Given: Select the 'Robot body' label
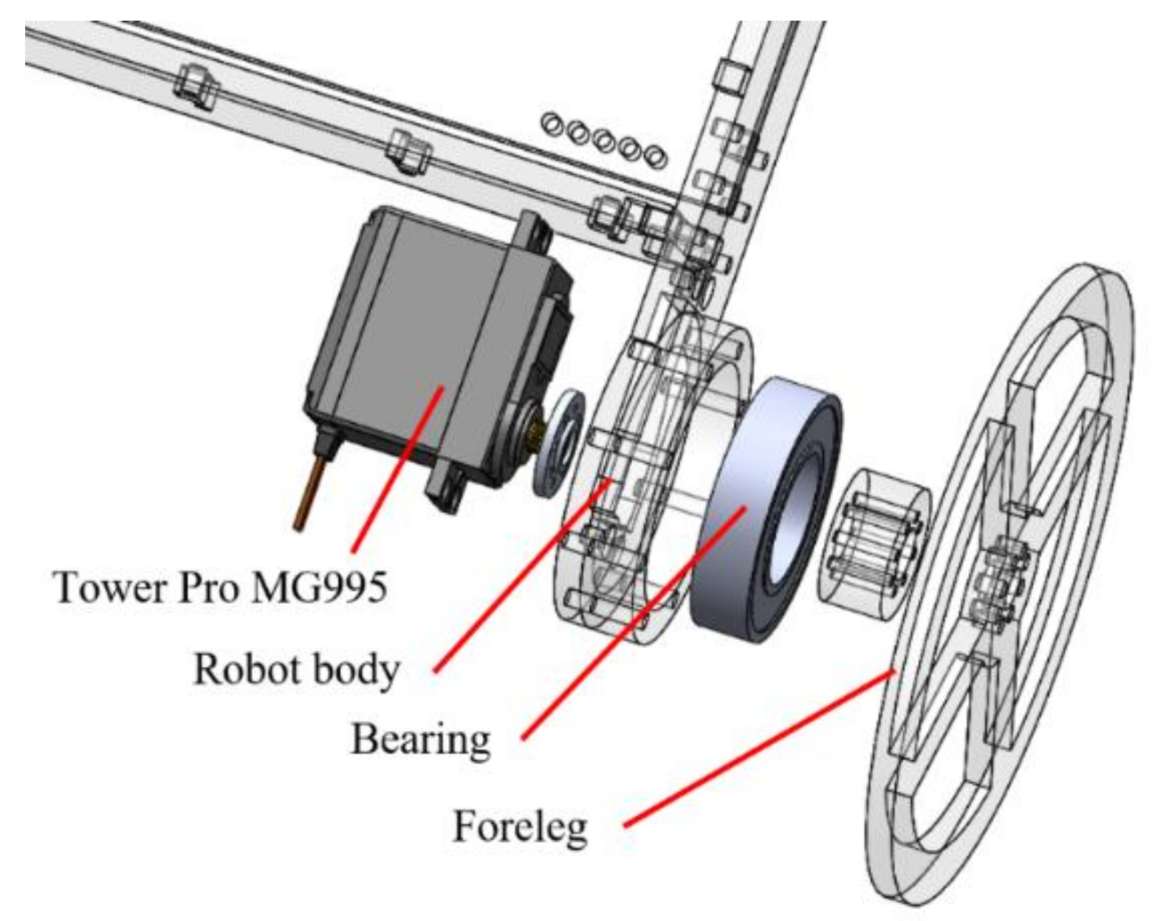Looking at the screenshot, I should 295,669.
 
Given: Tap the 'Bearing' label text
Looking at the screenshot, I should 419,739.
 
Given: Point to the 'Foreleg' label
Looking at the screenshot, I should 520,827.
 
